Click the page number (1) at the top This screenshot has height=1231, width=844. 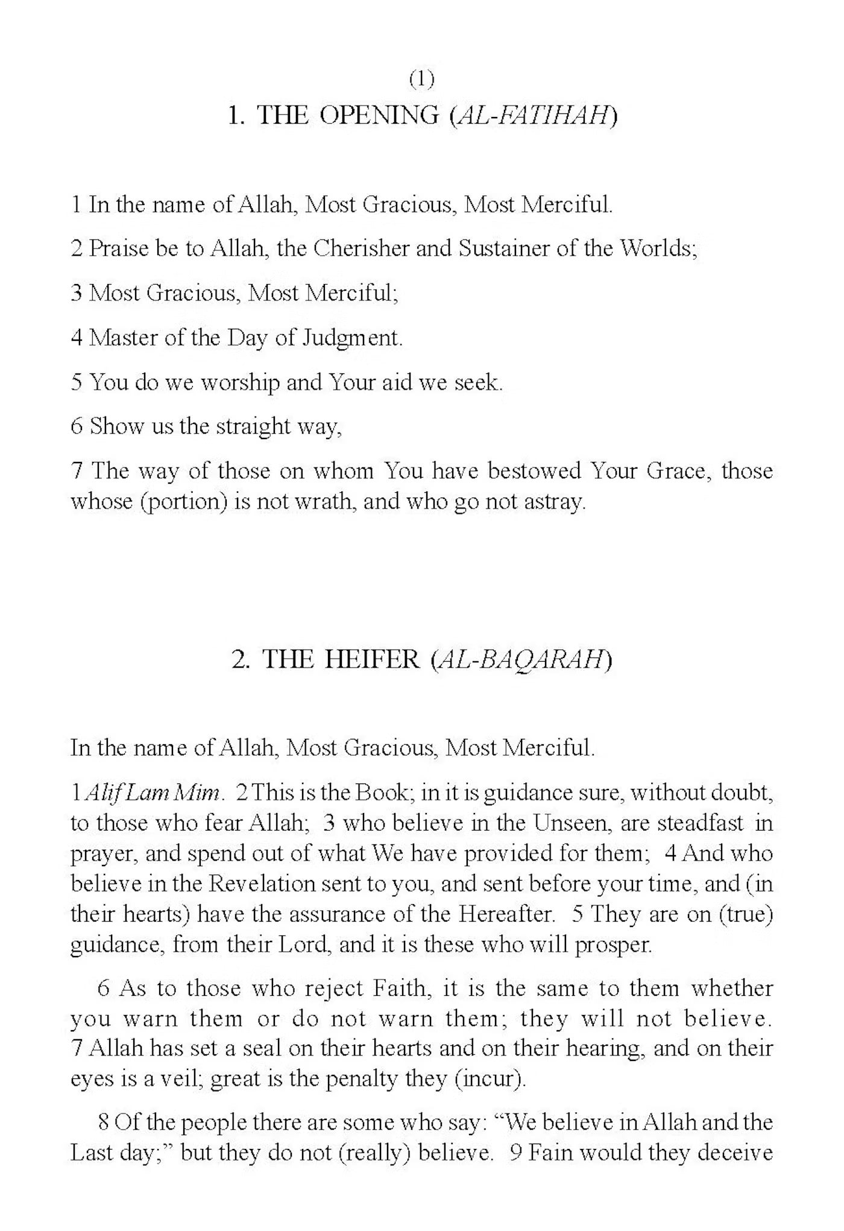coord(421,79)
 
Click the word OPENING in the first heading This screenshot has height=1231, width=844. coord(379,115)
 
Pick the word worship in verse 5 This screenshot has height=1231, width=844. coord(240,382)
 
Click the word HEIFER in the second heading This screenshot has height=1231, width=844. coord(372,659)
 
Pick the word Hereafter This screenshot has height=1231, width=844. coord(506,914)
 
